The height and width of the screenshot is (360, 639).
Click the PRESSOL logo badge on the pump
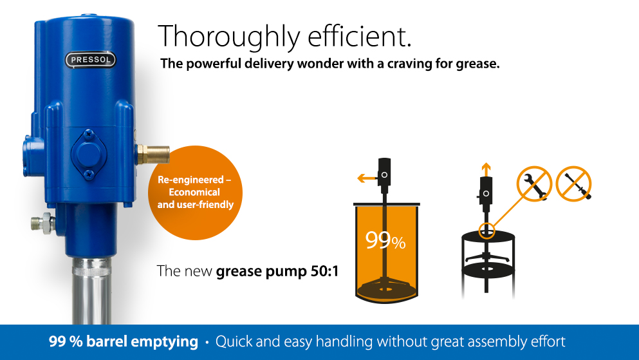[x=91, y=60]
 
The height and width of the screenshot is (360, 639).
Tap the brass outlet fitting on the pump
[x=153, y=155]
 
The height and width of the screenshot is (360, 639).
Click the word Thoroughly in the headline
[x=229, y=37]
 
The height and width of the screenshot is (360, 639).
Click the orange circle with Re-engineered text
[x=195, y=193]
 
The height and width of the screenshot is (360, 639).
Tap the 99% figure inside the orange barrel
[x=385, y=240]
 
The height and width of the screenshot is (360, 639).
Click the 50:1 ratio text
[x=324, y=271]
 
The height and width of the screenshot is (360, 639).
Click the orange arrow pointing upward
[x=486, y=169]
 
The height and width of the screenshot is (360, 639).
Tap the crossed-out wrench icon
[x=534, y=184]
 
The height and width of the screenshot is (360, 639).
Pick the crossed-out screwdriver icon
[x=573, y=184]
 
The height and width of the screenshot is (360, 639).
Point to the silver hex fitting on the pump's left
[x=43, y=223]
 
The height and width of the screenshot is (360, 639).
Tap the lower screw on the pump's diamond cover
[x=89, y=175]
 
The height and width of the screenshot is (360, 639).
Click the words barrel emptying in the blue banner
[x=142, y=341]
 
